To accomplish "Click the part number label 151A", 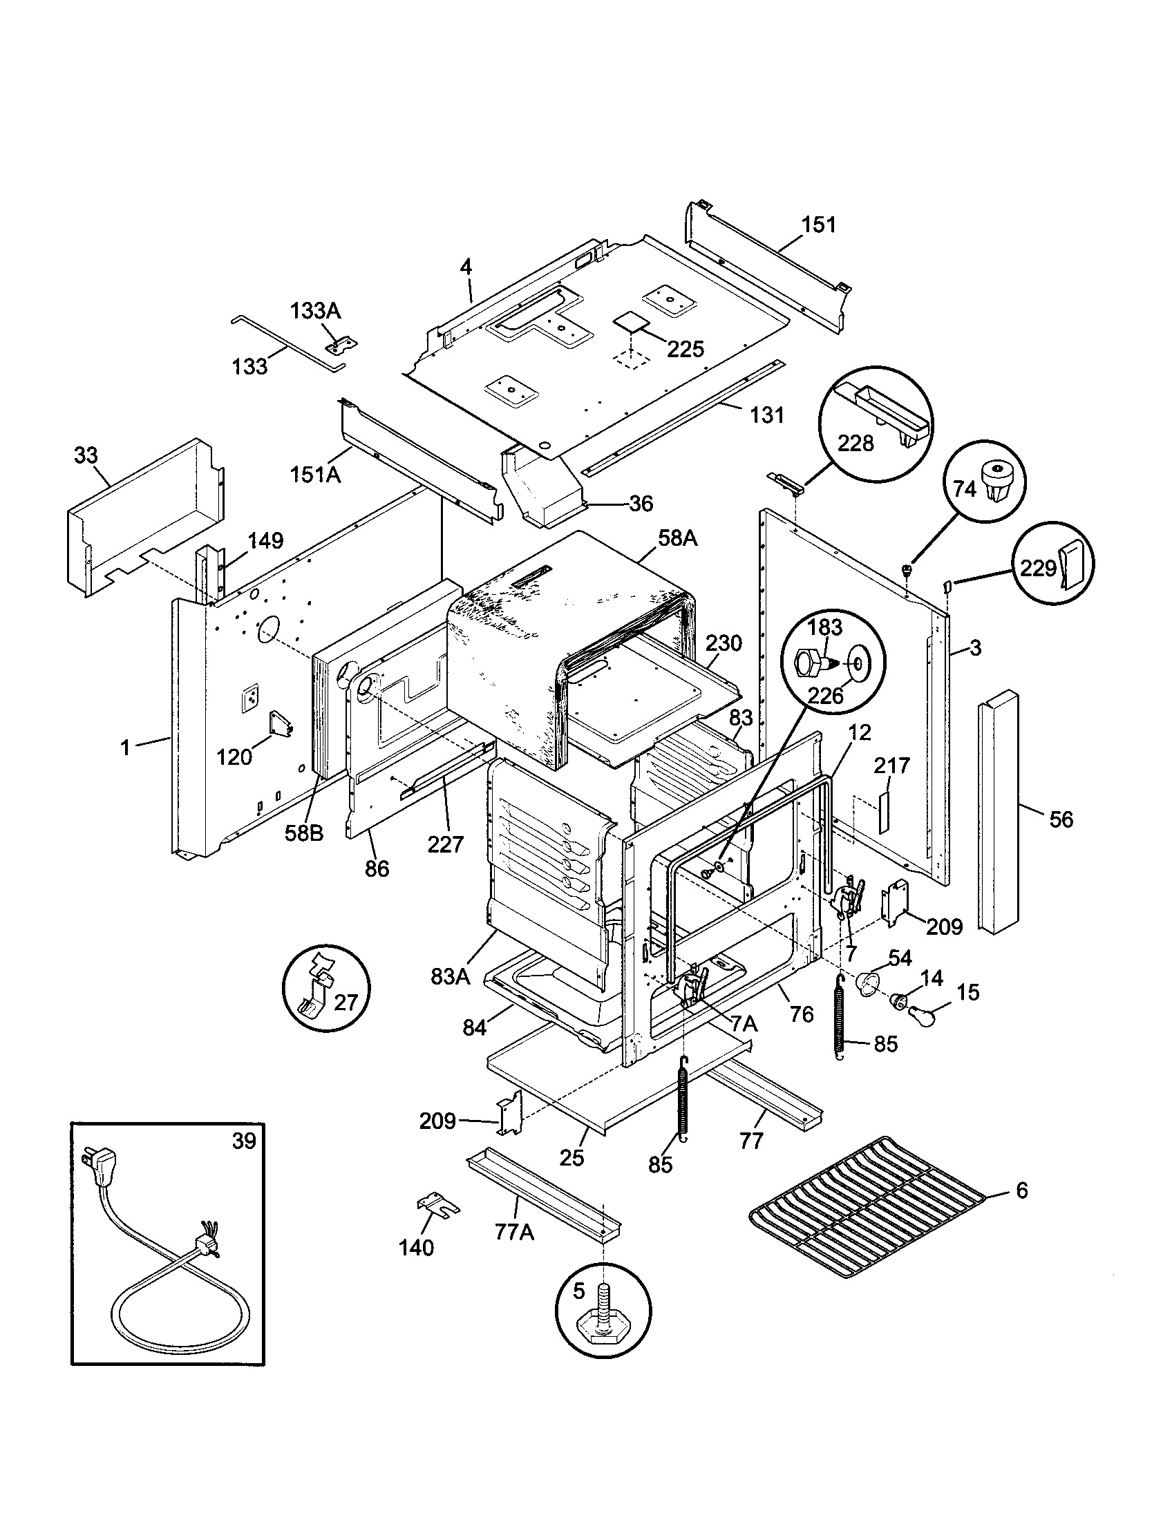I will pyautogui.click(x=315, y=475).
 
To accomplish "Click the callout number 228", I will pyautogui.click(x=855, y=444).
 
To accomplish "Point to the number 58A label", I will pyautogui.click(x=677, y=539).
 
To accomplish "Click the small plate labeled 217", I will pyautogui.click(x=882, y=811).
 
